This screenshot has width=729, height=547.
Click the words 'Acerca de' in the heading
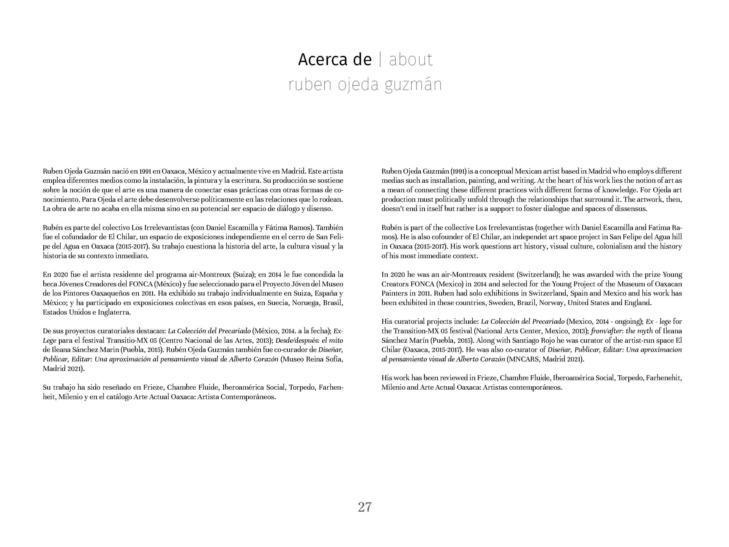[335, 60]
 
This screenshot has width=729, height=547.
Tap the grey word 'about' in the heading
[411, 60]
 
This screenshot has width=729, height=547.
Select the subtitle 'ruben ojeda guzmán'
[365, 85]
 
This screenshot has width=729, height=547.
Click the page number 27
[364, 507]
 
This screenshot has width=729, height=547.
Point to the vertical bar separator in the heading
[380, 60]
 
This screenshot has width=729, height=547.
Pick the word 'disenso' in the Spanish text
[320, 209]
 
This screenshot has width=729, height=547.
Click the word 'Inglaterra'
[114, 312]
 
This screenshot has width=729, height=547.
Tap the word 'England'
[637, 303]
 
